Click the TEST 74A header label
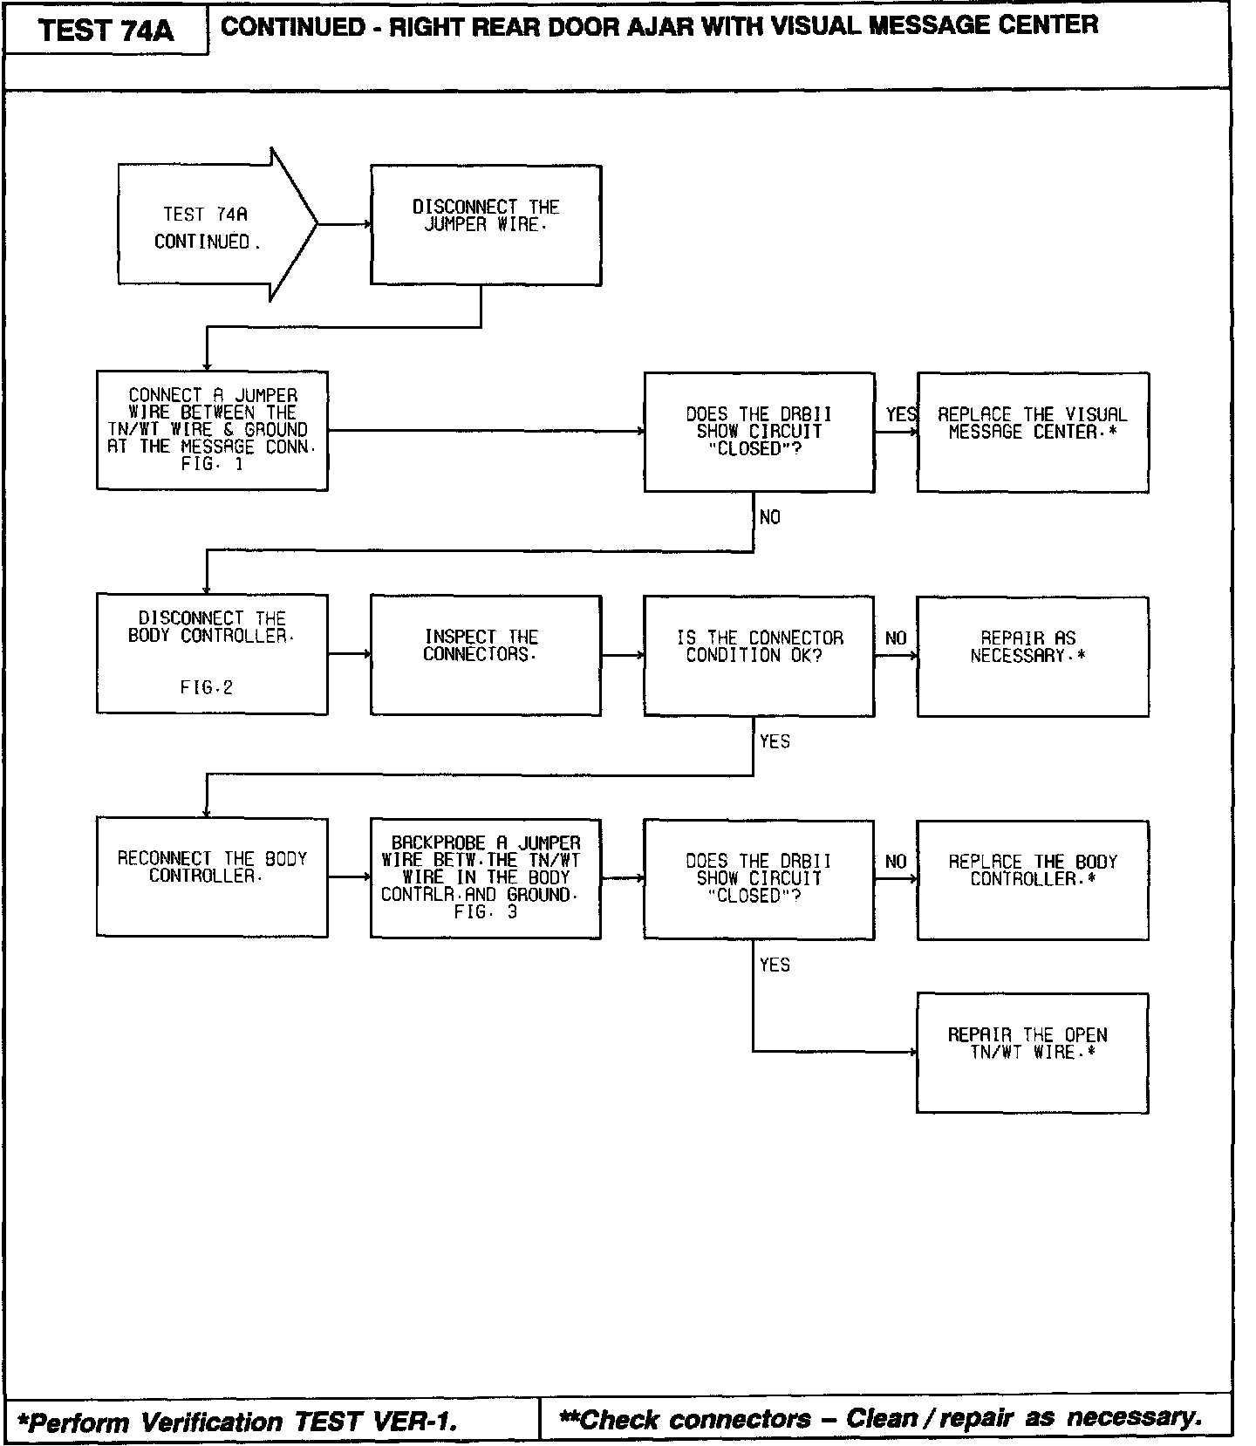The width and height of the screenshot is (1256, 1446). [x=106, y=31]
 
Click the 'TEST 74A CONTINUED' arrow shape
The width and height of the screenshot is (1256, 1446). [x=209, y=226]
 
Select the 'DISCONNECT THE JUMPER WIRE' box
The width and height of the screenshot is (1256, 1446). [x=486, y=224]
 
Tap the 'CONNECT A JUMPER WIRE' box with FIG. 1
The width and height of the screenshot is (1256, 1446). [x=212, y=430]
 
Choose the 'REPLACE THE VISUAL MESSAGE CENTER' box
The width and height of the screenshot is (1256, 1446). [x=1032, y=433]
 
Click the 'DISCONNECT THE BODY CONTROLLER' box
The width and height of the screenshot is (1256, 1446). [x=212, y=654]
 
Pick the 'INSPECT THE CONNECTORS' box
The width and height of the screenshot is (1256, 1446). [x=486, y=655]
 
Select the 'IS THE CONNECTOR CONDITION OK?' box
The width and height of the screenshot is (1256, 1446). [x=759, y=656]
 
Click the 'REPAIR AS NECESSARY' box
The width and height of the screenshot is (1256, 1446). [x=1032, y=656]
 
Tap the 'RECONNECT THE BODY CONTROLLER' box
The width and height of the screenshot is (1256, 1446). [x=212, y=876]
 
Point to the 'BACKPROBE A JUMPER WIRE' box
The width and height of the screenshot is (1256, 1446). [x=486, y=878]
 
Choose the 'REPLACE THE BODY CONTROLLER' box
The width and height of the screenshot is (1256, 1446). [x=1032, y=879]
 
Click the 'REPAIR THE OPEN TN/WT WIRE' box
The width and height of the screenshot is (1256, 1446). [x=1032, y=1052]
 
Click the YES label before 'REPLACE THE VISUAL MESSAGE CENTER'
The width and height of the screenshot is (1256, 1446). [x=901, y=414]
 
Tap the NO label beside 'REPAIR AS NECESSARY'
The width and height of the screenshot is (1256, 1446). [x=896, y=638]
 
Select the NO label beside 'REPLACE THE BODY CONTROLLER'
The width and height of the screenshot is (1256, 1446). [x=896, y=862]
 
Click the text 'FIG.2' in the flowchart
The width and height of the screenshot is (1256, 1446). [x=207, y=687]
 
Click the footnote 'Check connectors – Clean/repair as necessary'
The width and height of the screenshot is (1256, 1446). [x=881, y=1419]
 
